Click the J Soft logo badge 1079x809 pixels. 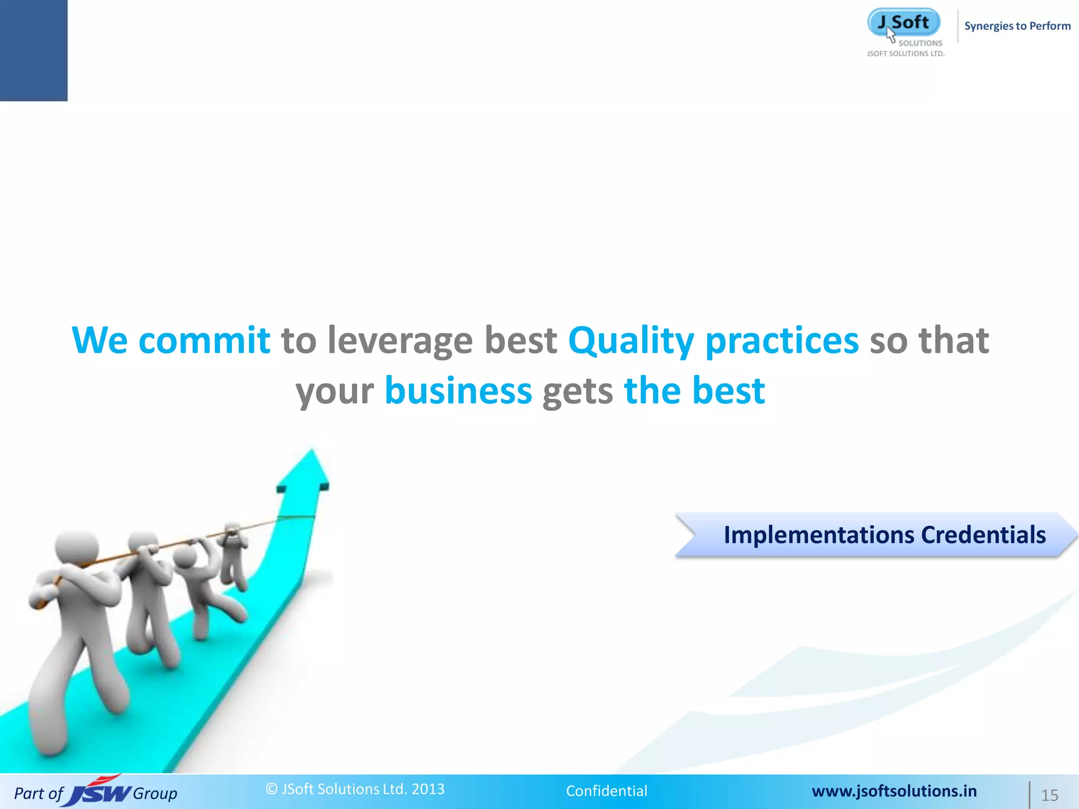point(904,23)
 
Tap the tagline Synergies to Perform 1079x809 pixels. point(1017,26)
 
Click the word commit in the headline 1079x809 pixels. point(204,340)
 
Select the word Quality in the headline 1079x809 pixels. point(631,341)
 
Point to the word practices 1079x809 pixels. point(782,341)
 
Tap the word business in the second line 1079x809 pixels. point(458,391)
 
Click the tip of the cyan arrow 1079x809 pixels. point(311,452)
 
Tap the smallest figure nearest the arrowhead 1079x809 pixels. point(232,553)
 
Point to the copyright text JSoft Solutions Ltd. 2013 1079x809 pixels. point(355,788)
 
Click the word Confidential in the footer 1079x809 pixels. point(606,791)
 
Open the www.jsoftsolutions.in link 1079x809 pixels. point(894,791)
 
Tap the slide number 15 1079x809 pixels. point(1049,795)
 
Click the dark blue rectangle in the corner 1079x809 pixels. point(34,50)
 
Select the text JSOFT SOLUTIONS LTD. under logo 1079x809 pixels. point(906,54)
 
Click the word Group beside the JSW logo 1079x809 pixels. point(155,793)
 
